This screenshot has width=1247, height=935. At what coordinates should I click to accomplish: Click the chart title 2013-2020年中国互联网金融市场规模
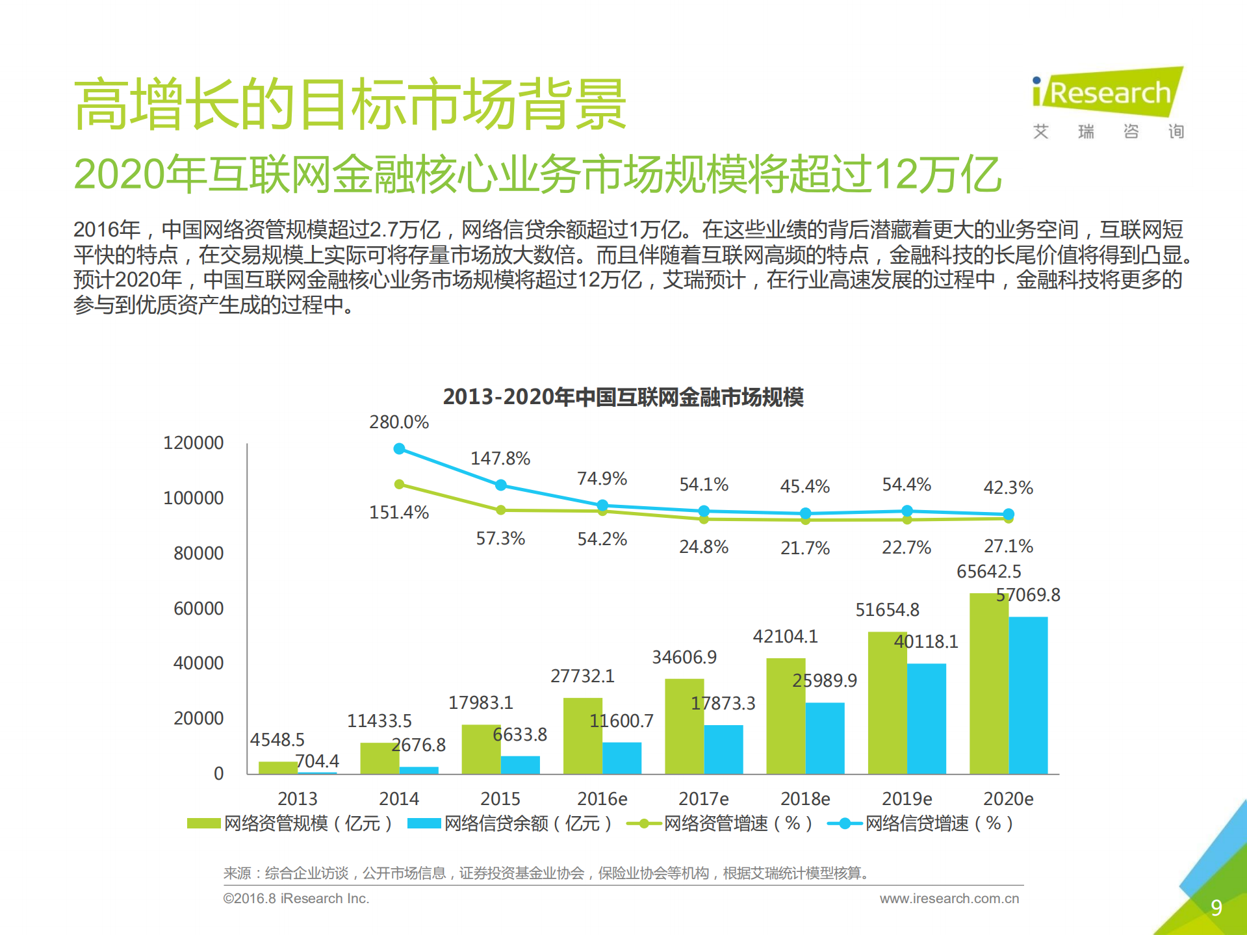click(x=623, y=397)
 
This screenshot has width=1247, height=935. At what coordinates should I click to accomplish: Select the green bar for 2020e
click(x=988, y=682)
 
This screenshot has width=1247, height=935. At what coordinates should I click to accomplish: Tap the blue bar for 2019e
click(x=926, y=718)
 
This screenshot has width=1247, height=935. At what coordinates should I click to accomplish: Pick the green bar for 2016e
click(x=582, y=736)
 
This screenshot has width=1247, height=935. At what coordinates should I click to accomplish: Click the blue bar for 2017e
click(x=723, y=749)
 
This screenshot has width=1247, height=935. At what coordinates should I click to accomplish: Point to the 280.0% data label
click(x=398, y=422)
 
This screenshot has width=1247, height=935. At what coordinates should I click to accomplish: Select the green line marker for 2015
click(x=501, y=510)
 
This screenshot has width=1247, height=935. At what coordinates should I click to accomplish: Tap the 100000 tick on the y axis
click(x=193, y=498)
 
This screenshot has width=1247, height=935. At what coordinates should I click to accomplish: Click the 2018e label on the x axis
click(x=805, y=799)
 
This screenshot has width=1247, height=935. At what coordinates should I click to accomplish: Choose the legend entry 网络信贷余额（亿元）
click(x=510, y=824)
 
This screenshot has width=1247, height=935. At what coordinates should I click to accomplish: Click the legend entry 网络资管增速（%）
click(x=720, y=824)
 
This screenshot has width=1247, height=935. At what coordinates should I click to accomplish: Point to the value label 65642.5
click(x=988, y=572)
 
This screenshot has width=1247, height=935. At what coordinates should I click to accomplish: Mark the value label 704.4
click(x=317, y=761)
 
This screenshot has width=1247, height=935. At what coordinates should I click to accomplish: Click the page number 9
click(x=1216, y=908)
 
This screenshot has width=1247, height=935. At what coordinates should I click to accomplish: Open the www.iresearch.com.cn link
click(x=949, y=899)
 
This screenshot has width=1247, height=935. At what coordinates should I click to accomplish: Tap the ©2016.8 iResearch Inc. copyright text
click(x=296, y=899)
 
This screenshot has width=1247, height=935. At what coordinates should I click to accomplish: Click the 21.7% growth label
click(x=805, y=548)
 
